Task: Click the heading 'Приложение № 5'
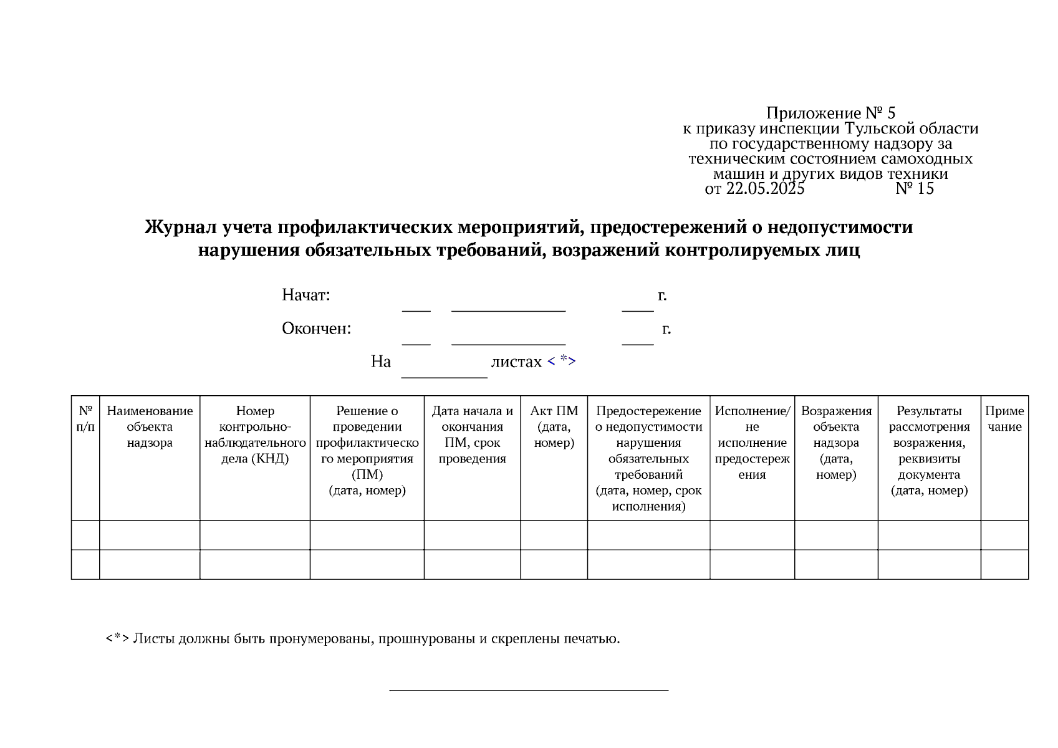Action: tap(830, 113)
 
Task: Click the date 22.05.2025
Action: tap(765, 189)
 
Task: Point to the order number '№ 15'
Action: tap(915, 189)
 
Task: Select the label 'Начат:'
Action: tap(305, 295)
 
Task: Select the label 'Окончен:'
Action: tap(316, 328)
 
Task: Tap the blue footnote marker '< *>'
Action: tap(561, 361)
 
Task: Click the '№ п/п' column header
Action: tap(85, 419)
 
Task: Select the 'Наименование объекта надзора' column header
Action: tap(150, 427)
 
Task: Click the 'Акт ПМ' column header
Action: tap(554, 427)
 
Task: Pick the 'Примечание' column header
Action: tap(1004, 419)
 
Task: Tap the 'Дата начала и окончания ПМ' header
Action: tap(472, 434)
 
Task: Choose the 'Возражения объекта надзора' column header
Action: tap(835, 443)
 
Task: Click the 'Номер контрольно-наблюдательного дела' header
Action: tap(255, 434)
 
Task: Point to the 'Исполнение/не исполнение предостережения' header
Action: tap(752, 443)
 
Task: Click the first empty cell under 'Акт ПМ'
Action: tap(554, 535)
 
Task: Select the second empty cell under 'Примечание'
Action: tap(1004, 564)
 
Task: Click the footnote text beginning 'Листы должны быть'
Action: tap(376, 639)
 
